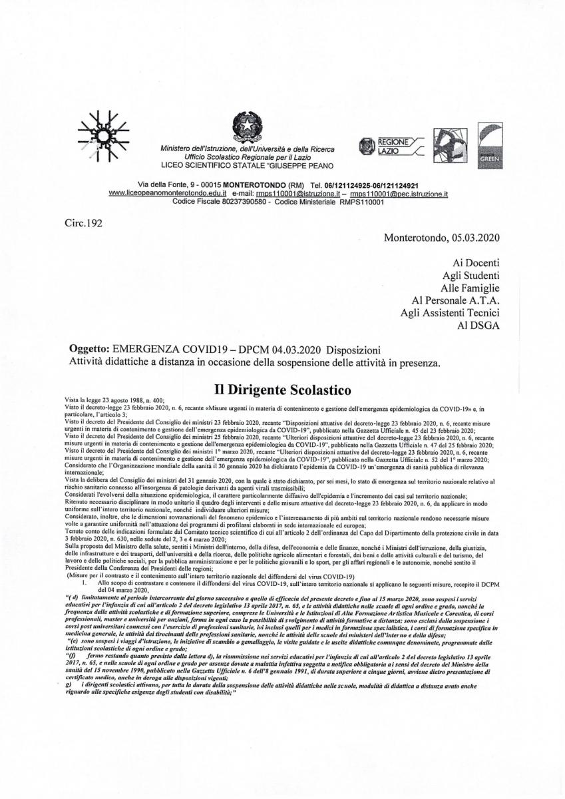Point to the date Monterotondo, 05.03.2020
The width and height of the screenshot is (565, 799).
click(x=442, y=237)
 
